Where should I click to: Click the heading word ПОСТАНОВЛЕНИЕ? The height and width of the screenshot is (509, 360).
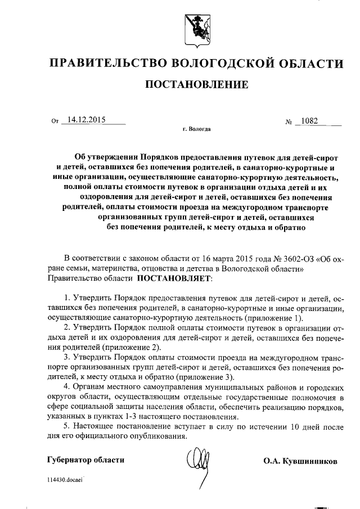pyautogui.click(x=196, y=85)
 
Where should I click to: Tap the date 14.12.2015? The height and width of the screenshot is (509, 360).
pyautogui.click(x=85, y=120)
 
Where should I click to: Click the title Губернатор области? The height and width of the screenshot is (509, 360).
pyautogui.click(x=86, y=460)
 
